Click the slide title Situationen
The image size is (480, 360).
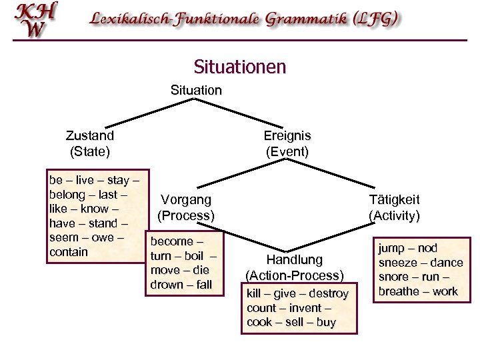[239, 67]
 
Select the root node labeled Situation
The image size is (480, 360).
[196, 89]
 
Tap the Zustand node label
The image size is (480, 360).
[90, 135]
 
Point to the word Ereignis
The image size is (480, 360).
[287, 135]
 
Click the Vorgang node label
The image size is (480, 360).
[186, 200]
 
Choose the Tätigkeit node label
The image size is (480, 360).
[395, 200]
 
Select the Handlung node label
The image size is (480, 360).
[294, 259]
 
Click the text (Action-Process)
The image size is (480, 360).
[294, 275]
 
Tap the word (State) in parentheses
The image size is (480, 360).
[90, 151]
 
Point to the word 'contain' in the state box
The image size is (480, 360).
[69, 252]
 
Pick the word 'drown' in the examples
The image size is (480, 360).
[167, 285]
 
